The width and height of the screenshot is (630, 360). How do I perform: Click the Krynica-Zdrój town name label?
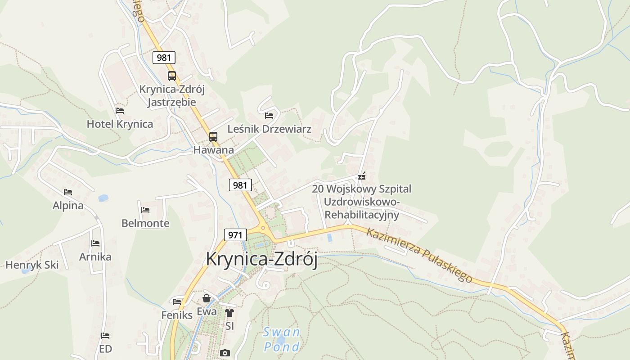pos(261,260)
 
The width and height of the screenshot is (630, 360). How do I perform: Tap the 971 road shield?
pos(235,234)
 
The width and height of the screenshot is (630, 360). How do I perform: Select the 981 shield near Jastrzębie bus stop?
pos(164,58)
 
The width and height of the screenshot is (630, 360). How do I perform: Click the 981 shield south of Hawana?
pos(240,185)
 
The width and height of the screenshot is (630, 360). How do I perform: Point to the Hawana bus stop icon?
pos(213,136)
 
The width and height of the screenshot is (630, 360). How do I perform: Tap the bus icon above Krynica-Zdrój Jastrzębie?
pos(172,76)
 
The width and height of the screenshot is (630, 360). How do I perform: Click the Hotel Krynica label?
pos(120,124)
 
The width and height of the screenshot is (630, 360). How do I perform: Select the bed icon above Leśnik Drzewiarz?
pos(269,116)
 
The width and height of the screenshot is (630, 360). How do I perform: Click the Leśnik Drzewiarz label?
pos(269,129)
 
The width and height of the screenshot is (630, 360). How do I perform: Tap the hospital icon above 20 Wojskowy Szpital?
pos(362,176)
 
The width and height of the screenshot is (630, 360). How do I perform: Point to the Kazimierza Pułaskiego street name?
pos(419,255)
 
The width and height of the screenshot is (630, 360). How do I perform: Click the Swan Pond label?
pos(282,340)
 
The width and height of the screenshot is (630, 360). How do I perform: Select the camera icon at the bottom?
pos(225,353)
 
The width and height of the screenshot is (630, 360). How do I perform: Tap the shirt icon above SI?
pos(229,312)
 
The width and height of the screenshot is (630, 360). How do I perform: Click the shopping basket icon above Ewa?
pos(207,298)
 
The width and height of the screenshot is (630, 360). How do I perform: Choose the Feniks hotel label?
pos(177,315)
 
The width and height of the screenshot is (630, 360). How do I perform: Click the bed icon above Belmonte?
pos(145,210)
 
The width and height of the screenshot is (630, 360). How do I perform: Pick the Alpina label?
pos(68,206)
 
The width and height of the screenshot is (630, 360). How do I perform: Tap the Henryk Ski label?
pos(32,265)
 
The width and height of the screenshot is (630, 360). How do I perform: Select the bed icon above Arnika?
pos(95,243)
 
